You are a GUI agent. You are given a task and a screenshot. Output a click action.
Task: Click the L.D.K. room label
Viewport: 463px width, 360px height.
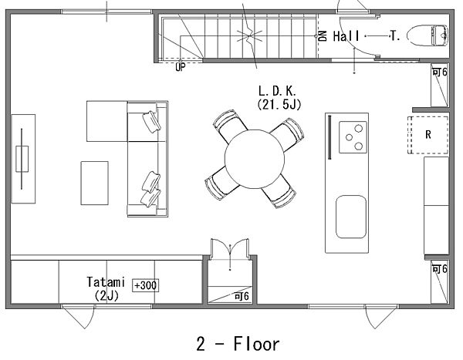(277, 91)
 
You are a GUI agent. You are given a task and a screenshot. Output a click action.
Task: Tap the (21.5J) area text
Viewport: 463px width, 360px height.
(279, 105)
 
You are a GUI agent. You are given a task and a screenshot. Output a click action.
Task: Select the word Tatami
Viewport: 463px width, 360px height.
(106, 282)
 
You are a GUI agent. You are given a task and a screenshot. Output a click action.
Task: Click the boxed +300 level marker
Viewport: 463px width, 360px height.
(145, 285)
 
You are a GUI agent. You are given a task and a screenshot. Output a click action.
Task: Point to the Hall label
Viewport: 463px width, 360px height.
(346, 36)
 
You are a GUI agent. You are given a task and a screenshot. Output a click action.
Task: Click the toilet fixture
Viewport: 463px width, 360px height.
(428, 35)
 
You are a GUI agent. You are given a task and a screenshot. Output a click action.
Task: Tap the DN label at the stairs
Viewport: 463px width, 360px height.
(323, 36)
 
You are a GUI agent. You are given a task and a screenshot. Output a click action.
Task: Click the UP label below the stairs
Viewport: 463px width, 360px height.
(181, 67)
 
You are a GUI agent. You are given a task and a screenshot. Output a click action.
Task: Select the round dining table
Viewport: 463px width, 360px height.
(254, 159)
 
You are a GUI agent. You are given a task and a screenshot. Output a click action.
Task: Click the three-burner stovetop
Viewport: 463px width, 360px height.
(353, 137)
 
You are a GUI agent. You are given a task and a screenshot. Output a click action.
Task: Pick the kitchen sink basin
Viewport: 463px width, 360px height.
(351, 217)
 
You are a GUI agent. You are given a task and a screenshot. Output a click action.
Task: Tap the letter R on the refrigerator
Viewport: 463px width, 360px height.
(428, 135)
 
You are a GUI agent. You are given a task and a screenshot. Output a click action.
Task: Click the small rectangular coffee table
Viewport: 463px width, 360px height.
(94, 183)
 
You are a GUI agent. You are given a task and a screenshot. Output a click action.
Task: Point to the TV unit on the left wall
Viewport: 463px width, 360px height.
(23, 159)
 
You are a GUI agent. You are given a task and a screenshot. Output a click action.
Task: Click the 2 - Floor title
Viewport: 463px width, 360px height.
(238, 344)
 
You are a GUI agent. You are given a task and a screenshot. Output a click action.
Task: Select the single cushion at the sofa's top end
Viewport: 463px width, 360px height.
(152, 122)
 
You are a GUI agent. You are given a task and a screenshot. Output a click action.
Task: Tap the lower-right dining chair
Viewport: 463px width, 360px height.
(279, 192)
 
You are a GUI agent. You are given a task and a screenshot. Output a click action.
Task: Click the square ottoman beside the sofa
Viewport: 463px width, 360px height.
(107, 121)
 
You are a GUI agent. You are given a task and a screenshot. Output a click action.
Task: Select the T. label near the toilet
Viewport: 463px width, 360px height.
(395, 36)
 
